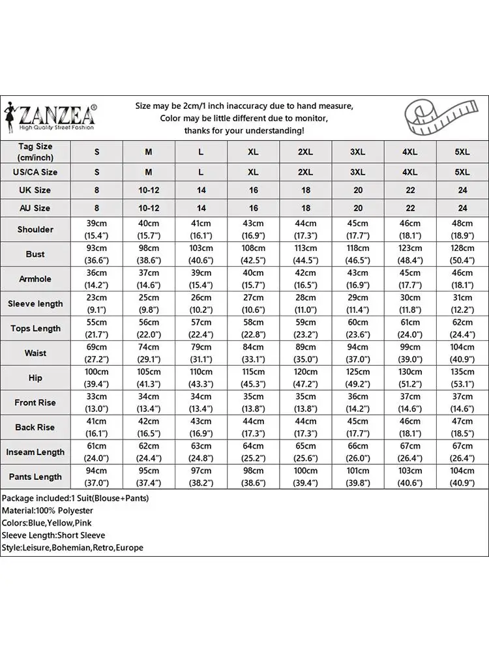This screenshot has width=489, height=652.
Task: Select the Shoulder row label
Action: click(36, 230)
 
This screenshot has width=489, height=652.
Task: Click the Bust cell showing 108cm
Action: click(253, 254)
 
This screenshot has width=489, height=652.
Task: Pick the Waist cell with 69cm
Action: click(96, 353)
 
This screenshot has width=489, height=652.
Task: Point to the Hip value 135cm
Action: click(462, 378)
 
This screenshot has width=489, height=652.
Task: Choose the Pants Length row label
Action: click(36, 477)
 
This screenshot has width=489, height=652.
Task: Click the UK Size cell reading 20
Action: click(357, 190)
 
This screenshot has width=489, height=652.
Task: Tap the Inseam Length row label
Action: click(36, 452)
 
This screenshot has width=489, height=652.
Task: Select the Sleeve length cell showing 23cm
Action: click(96, 304)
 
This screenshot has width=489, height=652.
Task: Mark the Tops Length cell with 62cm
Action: click(462, 329)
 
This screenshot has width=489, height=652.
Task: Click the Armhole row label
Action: click(36, 279)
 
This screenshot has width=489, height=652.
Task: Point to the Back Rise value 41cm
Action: click(96, 427)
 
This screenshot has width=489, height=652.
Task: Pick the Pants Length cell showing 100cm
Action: click(305, 477)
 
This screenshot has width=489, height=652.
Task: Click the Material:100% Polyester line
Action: click(48, 511)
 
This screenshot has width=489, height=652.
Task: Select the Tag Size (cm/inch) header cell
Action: click(36, 152)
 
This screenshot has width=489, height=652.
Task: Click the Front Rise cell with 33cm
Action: click(96, 402)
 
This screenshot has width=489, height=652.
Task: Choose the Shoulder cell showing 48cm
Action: click(462, 230)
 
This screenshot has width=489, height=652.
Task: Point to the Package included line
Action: click(75, 498)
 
